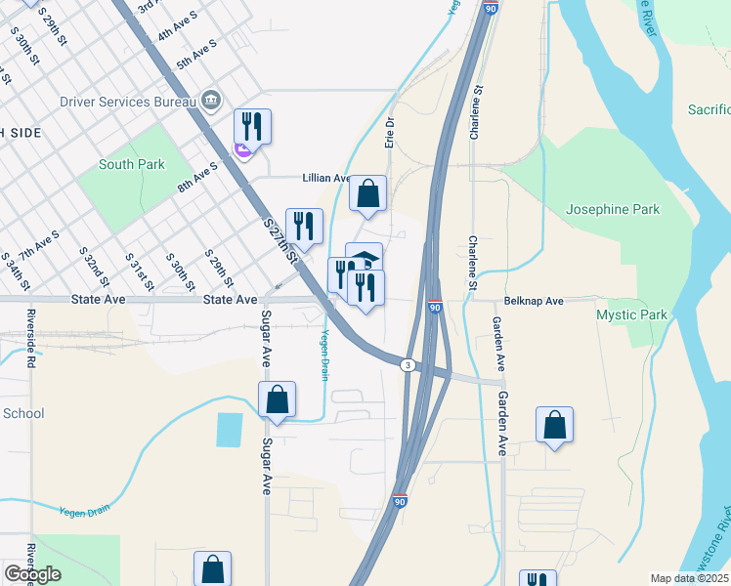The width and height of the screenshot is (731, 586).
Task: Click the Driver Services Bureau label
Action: [117, 102]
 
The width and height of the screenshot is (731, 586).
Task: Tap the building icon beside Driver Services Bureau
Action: [211, 101]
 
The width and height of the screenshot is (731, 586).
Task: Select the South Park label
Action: [131, 164]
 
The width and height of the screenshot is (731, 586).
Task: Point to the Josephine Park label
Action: [613, 209]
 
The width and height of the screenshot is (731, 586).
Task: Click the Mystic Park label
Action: [631, 314]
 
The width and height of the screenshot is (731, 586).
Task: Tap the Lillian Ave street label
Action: [327, 178]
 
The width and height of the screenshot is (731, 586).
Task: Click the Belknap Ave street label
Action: [534, 302]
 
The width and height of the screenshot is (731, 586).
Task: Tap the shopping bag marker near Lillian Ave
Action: [367, 193]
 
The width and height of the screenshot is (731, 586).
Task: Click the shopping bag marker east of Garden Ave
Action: [554, 424]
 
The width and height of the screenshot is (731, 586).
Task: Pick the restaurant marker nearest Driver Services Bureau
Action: [252, 126]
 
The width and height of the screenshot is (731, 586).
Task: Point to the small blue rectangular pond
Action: [229, 430]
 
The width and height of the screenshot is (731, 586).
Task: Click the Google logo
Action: [32, 574]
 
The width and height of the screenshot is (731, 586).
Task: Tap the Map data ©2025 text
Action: [689, 578]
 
